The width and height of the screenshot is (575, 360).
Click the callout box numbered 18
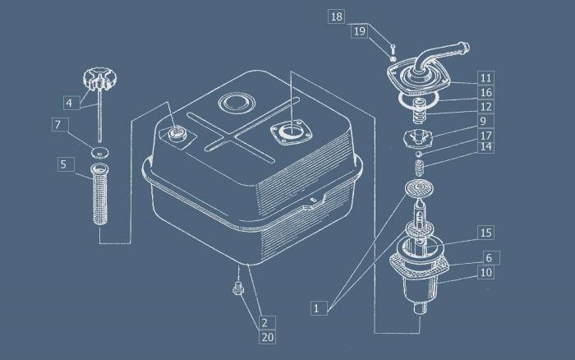coord(336,17)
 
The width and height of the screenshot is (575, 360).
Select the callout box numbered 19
coord(360,31)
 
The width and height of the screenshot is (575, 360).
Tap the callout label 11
coord(486,78)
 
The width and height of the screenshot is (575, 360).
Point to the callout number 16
coord(486,92)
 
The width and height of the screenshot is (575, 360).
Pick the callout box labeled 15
coord(486,233)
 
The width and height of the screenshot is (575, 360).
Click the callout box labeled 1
coord(319,308)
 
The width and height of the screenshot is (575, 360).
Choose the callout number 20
coord(267,337)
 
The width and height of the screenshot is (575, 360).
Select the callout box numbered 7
coord(60,125)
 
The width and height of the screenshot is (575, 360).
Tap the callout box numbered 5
coord(66,164)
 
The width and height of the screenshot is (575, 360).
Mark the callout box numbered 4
coord(71,103)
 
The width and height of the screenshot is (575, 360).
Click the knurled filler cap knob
coord(99,78)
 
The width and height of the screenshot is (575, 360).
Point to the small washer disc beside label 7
coord(100,151)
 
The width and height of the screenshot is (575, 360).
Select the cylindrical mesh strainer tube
coord(99,195)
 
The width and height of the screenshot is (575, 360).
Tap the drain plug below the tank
coord(238,288)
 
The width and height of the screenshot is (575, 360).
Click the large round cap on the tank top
coord(237,103)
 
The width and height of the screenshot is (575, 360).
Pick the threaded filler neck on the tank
coord(177,133)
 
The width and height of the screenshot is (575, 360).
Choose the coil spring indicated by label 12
coord(418,111)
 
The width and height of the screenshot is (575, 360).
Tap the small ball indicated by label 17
coord(419,154)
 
